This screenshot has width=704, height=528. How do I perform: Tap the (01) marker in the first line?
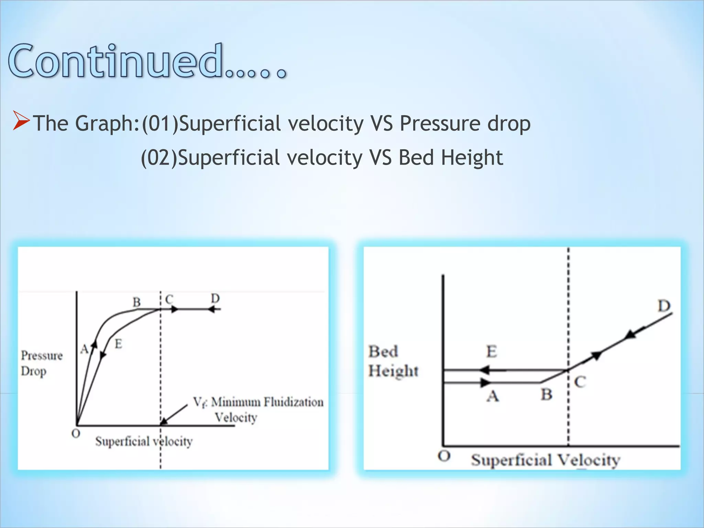click(x=160, y=123)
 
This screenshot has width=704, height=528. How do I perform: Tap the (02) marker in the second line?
click(x=159, y=158)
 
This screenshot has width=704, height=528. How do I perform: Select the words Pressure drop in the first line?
click(x=465, y=123)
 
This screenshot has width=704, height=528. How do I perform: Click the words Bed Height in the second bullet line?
click(x=450, y=158)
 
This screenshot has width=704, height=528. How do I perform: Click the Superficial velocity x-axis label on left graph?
click(x=144, y=441)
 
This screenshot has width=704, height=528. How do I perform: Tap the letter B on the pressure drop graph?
click(x=137, y=302)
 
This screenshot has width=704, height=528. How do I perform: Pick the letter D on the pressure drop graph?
click(x=215, y=298)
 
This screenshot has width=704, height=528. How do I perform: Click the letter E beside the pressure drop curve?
click(x=118, y=343)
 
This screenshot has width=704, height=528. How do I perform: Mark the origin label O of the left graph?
click(x=76, y=434)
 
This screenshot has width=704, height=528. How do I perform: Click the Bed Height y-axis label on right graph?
click(x=393, y=361)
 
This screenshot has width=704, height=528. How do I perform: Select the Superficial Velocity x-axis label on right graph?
click(x=546, y=460)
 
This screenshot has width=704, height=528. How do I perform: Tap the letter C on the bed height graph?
click(x=580, y=382)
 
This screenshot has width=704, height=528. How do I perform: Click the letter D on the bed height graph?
click(x=664, y=306)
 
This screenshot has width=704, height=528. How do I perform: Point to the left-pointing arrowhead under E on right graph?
click(x=484, y=371)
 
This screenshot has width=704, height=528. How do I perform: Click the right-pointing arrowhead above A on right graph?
click(x=485, y=382)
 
